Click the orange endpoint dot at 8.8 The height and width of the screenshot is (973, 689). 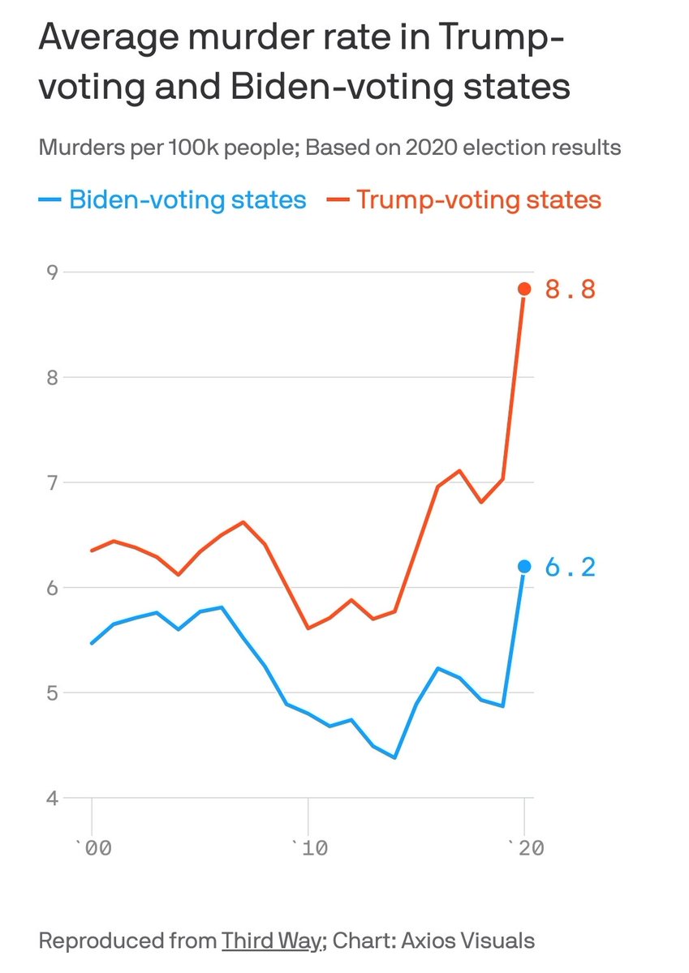(x=525, y=289)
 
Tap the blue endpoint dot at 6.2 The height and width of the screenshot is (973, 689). (x=525, y=567)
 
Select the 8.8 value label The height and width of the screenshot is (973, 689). (x=570, y=289)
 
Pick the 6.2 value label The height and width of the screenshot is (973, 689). (x=570, y=568)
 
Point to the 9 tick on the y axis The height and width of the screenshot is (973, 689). (x=52, y=272)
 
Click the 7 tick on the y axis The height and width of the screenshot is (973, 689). (x=52, y=482)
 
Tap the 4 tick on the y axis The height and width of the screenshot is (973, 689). (x=52, y=798)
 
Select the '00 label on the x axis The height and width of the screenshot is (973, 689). (x=93, y=847)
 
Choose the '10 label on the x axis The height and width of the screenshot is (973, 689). (x=309, y=847)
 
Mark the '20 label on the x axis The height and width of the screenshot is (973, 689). (x=526, y=847)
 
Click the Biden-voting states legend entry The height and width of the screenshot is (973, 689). (x=172, y=200)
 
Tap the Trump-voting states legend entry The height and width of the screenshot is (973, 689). (x=464, y=200)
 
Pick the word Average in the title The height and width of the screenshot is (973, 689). (x=109, y=39)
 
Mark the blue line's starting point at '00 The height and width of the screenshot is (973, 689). (x=92, y=643)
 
